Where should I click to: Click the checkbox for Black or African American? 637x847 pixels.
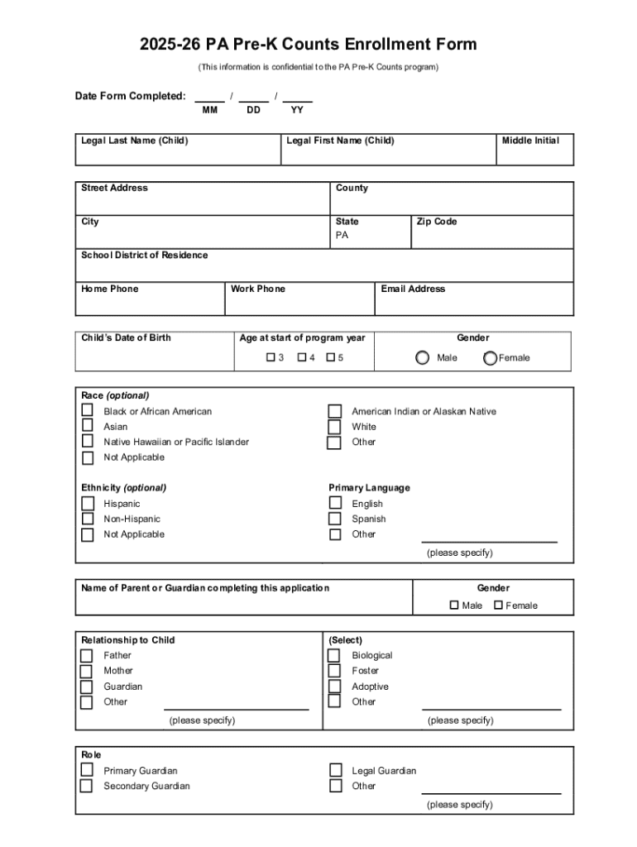point(87,411)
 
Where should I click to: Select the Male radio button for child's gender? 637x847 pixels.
point(422,358)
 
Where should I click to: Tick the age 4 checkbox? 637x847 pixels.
point(302,358)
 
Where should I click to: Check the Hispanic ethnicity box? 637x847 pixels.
point(87,504)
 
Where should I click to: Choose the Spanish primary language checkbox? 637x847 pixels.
point(335,519)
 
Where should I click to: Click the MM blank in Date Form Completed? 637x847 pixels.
point(209,97)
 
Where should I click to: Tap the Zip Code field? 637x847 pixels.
point(491,236)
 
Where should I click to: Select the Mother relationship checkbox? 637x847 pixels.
point(87,671)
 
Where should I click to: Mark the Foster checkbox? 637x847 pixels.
point(334,671)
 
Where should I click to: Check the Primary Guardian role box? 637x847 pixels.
point(86,771)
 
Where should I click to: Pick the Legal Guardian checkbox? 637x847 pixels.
point(335,771)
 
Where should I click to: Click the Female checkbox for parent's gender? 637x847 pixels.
point(498,605)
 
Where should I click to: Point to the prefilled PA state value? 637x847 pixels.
point(342,236)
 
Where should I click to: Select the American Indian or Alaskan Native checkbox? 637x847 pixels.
point(335,411)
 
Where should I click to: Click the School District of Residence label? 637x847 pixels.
point(145,256)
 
